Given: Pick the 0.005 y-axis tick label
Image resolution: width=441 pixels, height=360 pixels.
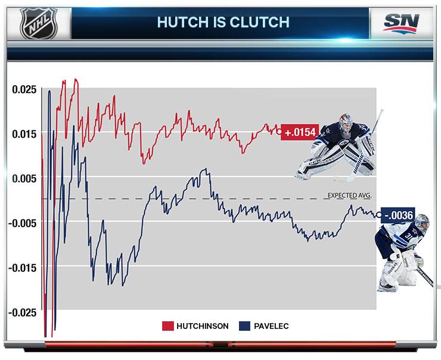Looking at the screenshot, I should click(24, 178).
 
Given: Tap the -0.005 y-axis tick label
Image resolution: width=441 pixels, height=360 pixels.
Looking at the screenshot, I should click(23, 222).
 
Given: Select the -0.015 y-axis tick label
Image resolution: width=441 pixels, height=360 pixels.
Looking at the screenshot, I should click(23, 267).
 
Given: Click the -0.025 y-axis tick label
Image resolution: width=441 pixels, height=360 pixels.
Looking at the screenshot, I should click(23, 312).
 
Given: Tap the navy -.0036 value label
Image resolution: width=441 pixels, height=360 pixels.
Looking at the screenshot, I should click(399, 215).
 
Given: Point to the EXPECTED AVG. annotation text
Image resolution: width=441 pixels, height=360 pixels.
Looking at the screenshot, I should click(352, 194).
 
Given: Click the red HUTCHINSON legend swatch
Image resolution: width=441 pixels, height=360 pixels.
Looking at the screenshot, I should click(167, 326).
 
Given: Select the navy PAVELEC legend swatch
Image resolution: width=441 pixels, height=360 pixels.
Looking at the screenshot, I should click(243, 326).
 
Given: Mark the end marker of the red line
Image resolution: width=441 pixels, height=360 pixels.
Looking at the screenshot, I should click(279, 132).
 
